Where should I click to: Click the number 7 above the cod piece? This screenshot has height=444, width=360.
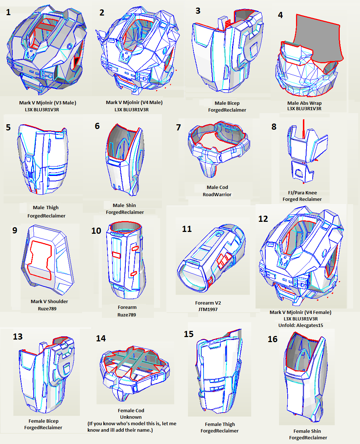tap(178, 128)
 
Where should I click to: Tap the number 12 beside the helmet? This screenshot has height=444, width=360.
tap(263, 219)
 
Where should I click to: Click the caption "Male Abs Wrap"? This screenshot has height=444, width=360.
tap(304, 103)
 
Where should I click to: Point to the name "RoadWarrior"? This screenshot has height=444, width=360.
tap(217, 194)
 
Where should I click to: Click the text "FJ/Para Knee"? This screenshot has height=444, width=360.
tap(302, 193)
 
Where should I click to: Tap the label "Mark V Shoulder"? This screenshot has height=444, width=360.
tap(50, 301)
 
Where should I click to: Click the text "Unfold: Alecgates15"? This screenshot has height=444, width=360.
tap(300, 325)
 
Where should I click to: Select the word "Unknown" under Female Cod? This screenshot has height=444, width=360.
tap(130, 417)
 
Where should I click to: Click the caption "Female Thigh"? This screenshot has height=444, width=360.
tap(220, 424)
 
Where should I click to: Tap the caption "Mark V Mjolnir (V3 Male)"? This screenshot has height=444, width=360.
tap(48, 103)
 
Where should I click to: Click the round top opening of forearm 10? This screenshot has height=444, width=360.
tap(125, 227)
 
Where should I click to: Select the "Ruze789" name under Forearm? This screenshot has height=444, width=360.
tap(127, 315)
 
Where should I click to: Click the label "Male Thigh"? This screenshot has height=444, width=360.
tap(46, 207)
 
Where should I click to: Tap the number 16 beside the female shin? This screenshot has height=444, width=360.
tap(273, 339)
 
